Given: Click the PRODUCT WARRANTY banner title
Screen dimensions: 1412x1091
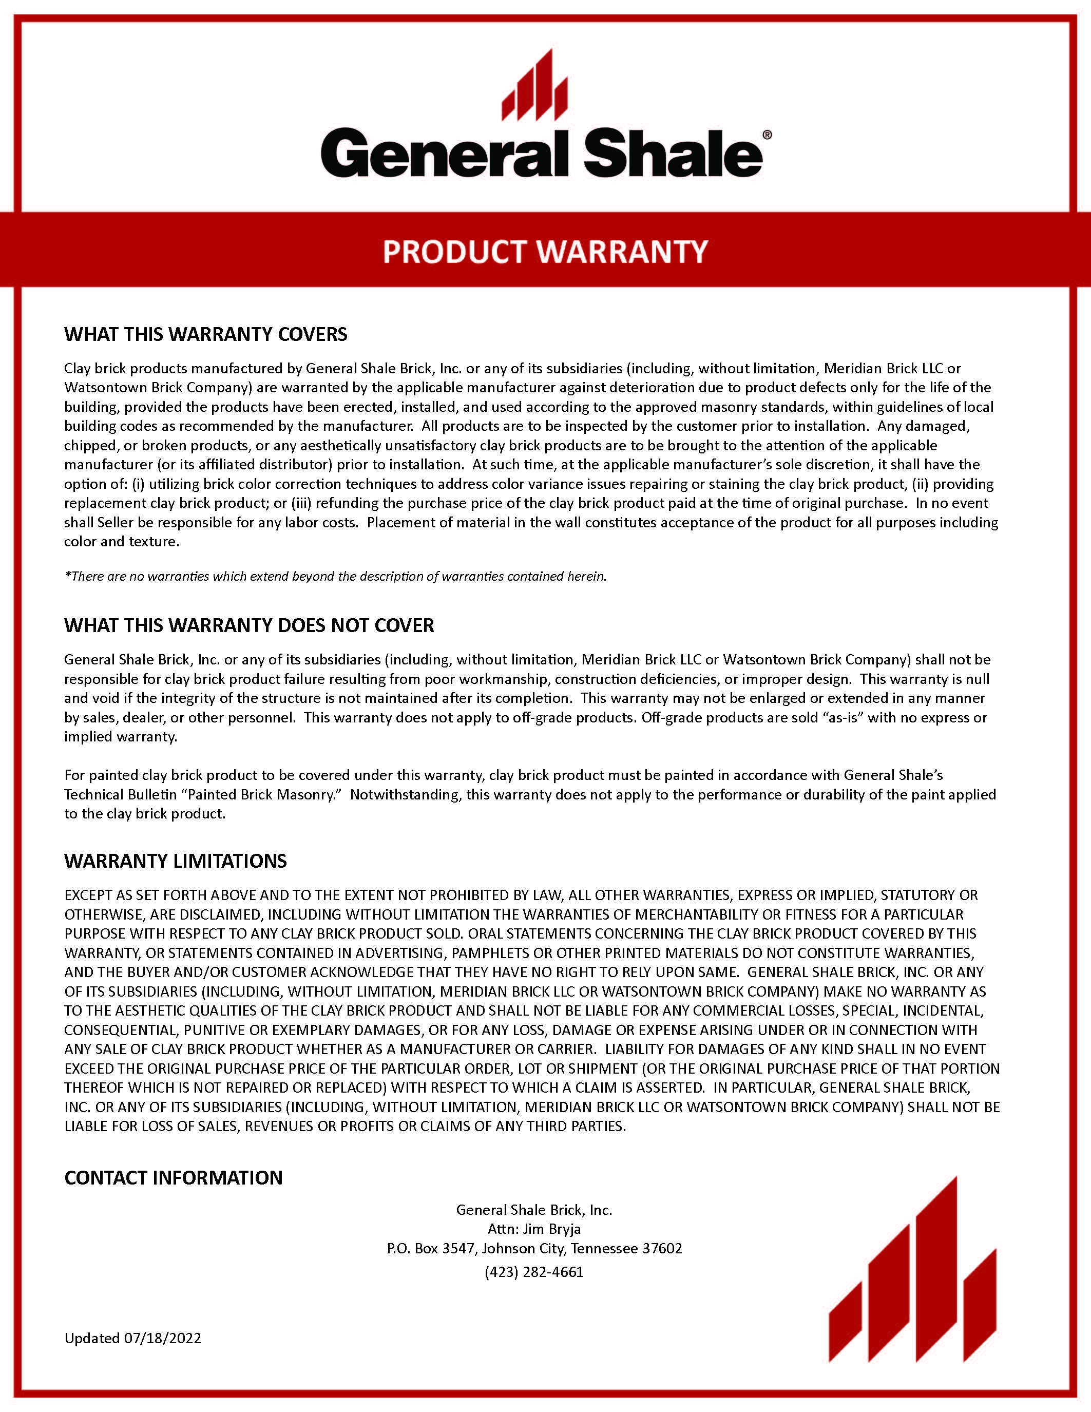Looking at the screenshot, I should coord(545,252).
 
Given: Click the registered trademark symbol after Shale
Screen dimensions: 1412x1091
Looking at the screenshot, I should coord(767,135).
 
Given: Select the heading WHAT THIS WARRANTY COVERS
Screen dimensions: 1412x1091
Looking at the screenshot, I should coord(205,334).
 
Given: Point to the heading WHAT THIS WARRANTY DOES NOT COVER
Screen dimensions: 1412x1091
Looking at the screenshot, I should coord(249,625).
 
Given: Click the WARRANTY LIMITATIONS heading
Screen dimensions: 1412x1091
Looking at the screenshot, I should coord(175,861).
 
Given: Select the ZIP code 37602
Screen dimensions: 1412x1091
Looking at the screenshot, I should coord(662,1248).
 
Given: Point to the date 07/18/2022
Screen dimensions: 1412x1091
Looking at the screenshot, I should coord(162,1338).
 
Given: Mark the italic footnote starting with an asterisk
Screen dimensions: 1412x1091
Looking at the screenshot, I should coord(335,576).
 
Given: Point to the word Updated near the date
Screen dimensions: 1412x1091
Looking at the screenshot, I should coord(92,1338).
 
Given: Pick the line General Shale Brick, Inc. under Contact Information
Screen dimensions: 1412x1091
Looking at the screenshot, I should coord(534,1210).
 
